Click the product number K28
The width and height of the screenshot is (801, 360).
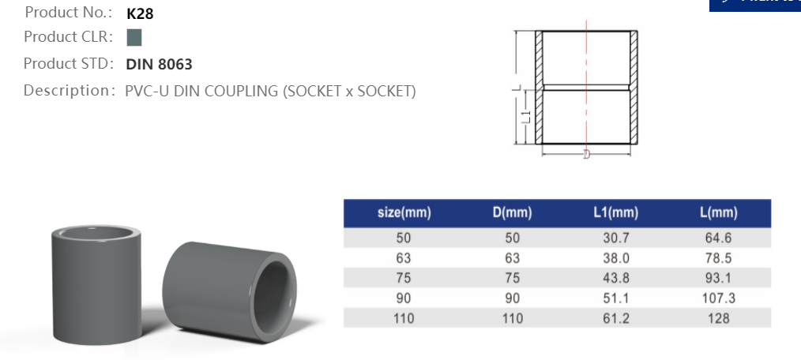(x=140, y=13)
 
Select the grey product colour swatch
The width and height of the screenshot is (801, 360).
(x=133, y=37)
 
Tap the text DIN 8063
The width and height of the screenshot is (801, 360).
(x=159, y=65)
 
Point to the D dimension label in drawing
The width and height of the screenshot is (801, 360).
(x=586, y=155)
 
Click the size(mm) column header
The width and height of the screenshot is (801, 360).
(x=404, y=213)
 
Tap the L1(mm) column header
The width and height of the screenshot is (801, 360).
(x=615, y=213)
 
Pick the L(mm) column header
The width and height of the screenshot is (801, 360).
(x=718, y=213)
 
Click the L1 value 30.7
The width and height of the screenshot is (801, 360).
(x=615, y=237)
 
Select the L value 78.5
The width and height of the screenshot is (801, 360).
(x=718, y=257)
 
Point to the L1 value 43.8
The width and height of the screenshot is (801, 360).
(x=615, y=278)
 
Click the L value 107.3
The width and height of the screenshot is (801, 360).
(x=718, y=298)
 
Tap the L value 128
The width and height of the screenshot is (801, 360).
(x=718, y=319)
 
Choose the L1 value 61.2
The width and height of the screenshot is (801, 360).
(x=615, y=319)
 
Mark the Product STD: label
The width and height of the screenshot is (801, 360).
(x=70, y=64)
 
